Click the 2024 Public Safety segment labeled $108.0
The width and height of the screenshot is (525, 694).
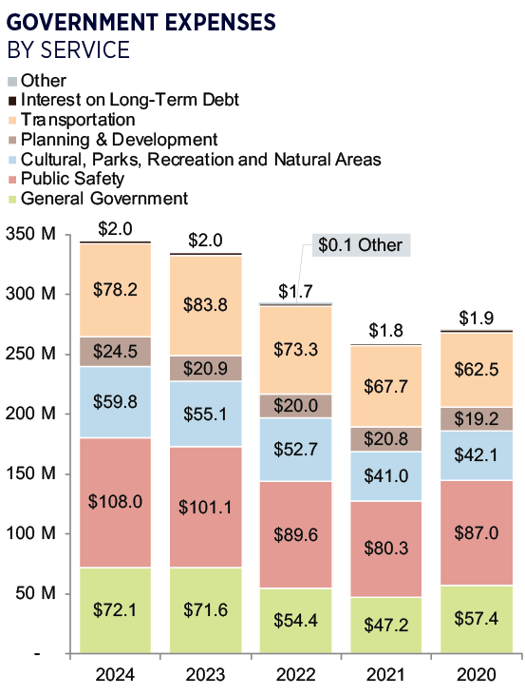116,502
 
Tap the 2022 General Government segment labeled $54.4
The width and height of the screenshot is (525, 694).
295,620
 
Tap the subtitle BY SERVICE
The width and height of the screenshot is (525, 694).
68,49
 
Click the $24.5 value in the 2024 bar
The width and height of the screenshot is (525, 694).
116,350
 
